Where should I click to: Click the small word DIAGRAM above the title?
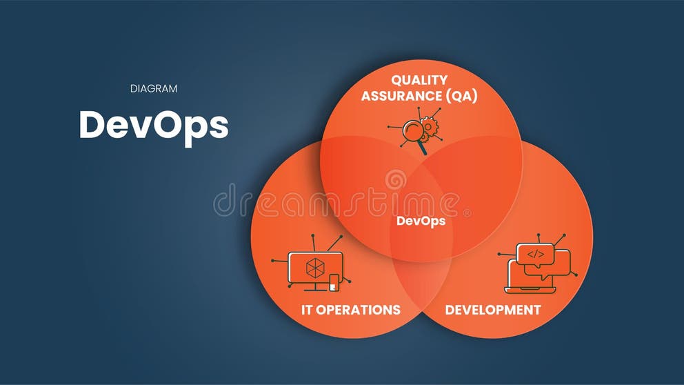(154, 88)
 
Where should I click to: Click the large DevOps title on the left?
(153, 125)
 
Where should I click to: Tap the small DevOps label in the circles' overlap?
(421, 221)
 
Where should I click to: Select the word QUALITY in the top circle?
(419, 80)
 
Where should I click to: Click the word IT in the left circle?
(308, 309)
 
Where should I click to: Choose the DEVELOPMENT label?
(492, 309)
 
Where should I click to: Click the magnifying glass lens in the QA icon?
(413, 130)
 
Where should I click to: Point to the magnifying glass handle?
(423, 147)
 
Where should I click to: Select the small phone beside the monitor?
(334, 282)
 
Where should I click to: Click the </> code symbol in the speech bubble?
(535, 254)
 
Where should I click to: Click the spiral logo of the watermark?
(396, 180)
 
